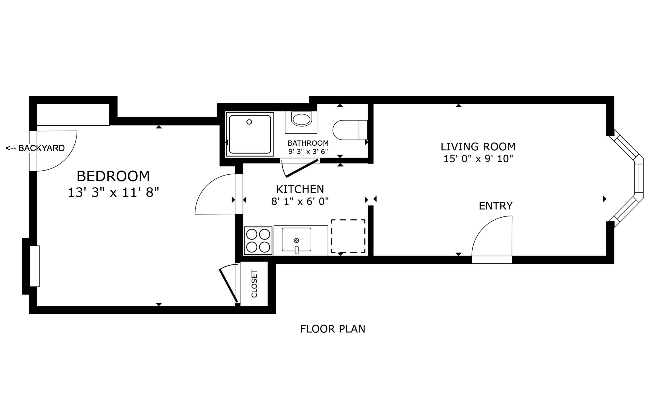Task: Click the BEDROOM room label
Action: click(113, 176)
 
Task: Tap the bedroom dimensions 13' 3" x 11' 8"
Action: click(113, 193)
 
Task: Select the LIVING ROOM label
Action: click(478, 147)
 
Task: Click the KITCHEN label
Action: click(300, 189)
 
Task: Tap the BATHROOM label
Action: click(308, 143)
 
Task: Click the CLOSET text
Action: click(254, 284)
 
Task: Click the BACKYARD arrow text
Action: click(35, 148)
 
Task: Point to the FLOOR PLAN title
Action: click(333, 329)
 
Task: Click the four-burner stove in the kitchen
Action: click(258, 241)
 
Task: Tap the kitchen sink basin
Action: click(296, 239)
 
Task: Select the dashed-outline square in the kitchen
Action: click(348, 236)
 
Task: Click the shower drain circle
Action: click(249, 122)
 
